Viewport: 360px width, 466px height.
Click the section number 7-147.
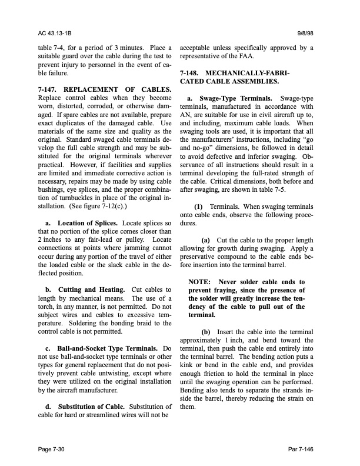pyautogui.click(x=49, y=89)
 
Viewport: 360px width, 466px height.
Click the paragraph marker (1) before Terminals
pyautogui.click(x=199, y=208)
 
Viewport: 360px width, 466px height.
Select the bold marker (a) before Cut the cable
pyautogui.click(x=206, y=241)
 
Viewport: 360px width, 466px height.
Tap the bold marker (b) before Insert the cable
pyautogui.click(x=206, y=332)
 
